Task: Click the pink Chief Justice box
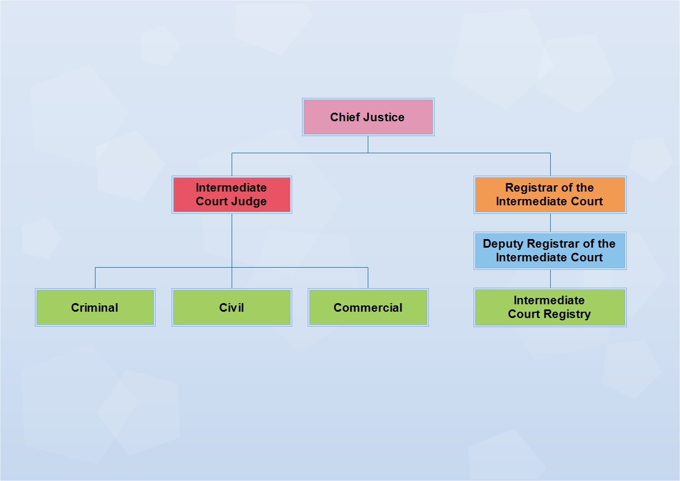point(368,117)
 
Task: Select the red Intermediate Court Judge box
point(232,194)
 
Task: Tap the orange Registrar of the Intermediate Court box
point(550,194)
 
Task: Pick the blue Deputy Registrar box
point(550,251)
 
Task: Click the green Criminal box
point(95,307)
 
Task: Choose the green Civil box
point(232,307)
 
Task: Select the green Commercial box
point(368,307)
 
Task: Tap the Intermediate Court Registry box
point(550,307)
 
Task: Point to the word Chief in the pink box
point(344,117)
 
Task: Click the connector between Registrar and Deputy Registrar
point(550,222)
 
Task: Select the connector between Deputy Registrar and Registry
point(550,279)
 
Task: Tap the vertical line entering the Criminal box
point(95,278)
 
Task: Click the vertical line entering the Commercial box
point(368,278)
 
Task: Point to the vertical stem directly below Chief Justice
point(368,144)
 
